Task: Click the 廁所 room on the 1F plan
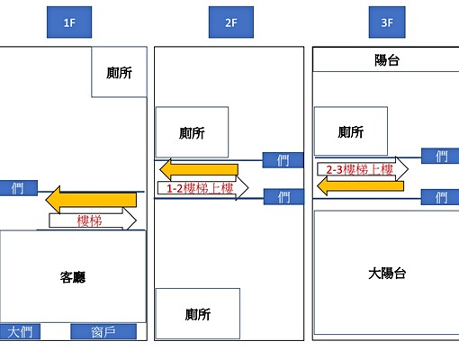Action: (x=119, y=72)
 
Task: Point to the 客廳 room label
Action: (x=73, y=279)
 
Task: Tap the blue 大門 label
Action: (x=20, y=332)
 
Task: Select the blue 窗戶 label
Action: (x=103, y=332)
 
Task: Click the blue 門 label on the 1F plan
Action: (x=18, y=188)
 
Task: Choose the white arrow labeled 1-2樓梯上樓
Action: (x=200, y=189)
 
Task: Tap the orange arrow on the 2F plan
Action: (x=198, y=169)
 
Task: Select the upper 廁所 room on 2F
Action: (x=192, y=132)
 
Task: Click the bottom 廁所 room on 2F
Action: (x=197, y=313)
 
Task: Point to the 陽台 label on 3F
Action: (x=385, y=59)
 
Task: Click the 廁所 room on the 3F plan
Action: (x=351, y=132)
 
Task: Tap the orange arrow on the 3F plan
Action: (x=358, y=185)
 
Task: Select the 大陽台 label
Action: (x=385, y=273)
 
